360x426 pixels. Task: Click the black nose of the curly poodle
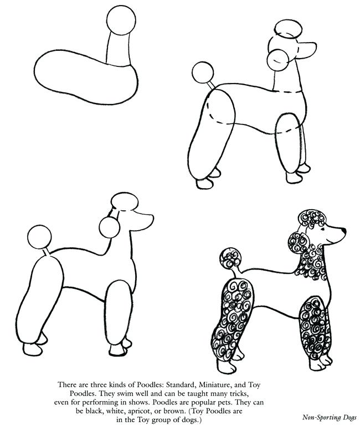[343, 228]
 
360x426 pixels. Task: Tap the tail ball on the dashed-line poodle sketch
[202, 72]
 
